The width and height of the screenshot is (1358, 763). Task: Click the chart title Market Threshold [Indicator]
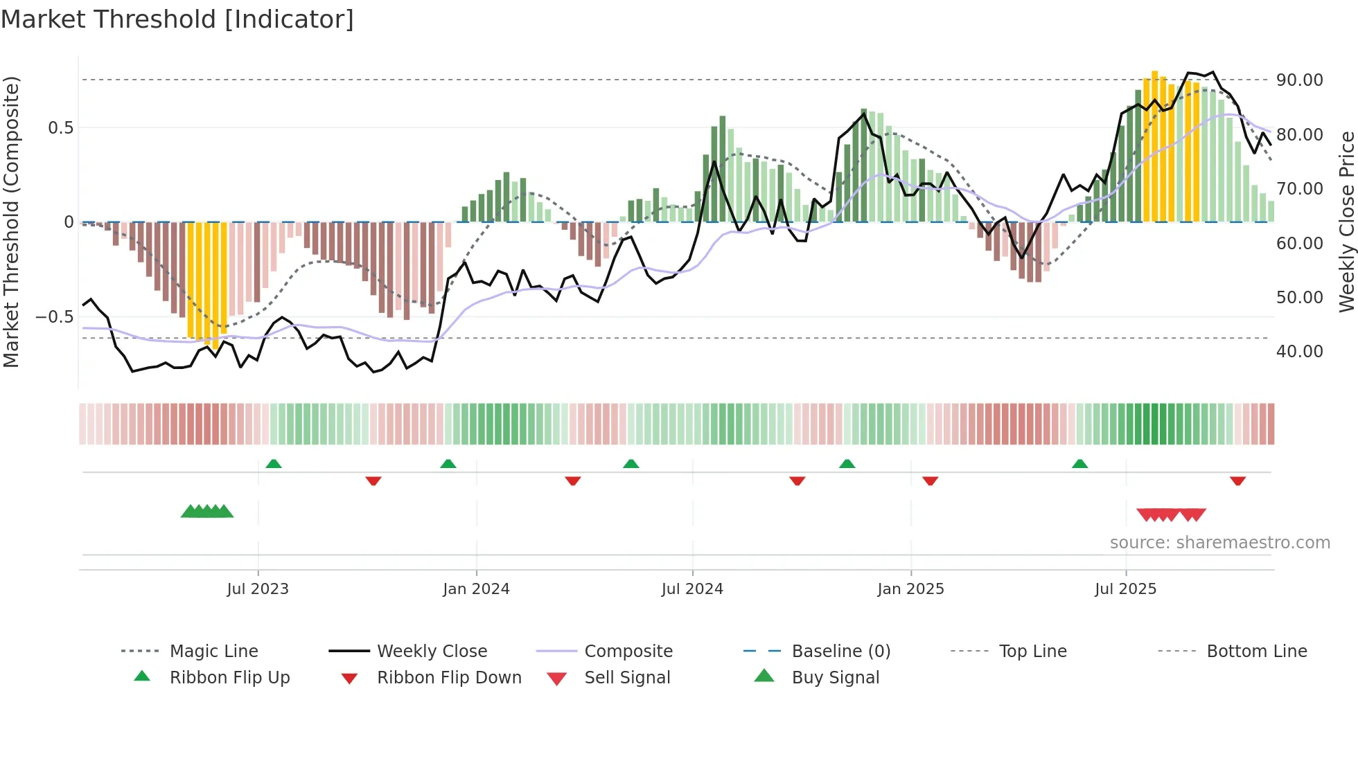click(x=177, y=19)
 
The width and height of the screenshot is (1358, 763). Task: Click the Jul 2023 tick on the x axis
click(x=258, y=589)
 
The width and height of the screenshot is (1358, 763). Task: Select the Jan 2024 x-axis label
click(x=476, y=589)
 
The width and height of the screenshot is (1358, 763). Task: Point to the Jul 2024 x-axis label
click(x=692, y=589)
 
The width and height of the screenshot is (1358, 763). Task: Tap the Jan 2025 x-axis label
click(x=910, y=589)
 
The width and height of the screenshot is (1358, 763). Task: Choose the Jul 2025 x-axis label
click(x=1126, y=589)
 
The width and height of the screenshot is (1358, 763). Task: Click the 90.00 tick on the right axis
click(x=1299, y=80)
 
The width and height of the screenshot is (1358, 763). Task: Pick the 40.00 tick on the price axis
click(x=1299, y=352)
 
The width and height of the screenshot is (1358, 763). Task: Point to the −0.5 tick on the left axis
click(x=54, y=317)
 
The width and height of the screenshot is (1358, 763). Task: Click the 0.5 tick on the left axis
click(x=60, y=128)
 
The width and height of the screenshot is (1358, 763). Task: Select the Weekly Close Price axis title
click(x=1346, y=222)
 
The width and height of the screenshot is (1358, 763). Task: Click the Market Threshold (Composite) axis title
click(x=11, y=222)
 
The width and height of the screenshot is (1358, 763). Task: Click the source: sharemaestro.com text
click(x=1219, y=543)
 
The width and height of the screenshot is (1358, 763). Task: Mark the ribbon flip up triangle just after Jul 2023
click(x=274, y=464)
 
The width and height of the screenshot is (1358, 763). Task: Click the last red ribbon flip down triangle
click(x=1237, y=481)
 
